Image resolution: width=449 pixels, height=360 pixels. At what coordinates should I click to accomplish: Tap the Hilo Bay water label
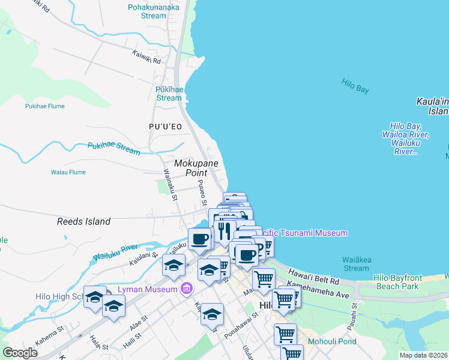(x=355, y=85)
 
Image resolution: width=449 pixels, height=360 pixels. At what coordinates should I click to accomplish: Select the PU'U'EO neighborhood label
(x=165, y=127)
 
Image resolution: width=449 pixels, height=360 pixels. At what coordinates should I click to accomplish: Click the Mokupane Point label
(x=196, y=167)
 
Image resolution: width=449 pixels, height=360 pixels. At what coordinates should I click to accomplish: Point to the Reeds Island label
(x=83, y=221)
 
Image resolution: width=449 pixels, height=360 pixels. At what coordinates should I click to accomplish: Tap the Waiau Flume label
(x=68, y=172)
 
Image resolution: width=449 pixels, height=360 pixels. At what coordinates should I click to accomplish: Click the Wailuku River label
(x=115, y=253)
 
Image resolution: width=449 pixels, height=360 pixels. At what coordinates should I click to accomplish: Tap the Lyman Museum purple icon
(x=186, y=290)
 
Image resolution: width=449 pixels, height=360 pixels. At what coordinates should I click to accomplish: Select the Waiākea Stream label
(x=357, y=264)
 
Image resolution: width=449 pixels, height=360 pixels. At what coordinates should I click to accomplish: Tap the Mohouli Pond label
(x=332, y=342)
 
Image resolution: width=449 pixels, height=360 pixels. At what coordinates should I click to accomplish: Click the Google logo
(x=20, y=353)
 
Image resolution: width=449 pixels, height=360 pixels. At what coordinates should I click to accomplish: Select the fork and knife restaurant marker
(x=224, y=230)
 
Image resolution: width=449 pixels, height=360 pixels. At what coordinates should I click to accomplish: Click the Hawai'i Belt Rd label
(x=313, y=277)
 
